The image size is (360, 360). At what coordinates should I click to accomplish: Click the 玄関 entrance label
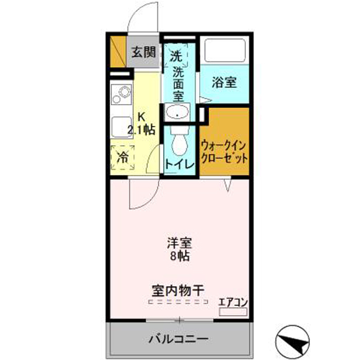(144, 53)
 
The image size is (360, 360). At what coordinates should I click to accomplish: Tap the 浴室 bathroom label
(224, 82)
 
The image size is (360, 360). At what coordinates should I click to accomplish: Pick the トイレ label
(179, 164)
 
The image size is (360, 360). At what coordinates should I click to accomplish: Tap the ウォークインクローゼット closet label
(224, 152)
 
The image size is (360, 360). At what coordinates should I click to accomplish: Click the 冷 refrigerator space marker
(121, 157)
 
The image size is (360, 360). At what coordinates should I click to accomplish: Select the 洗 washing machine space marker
(176, 56)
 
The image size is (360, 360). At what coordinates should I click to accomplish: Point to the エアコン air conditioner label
(233, 301)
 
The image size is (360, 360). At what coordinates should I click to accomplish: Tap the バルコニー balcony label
(178, 339)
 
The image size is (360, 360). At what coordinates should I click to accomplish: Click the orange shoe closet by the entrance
(117, 52)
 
